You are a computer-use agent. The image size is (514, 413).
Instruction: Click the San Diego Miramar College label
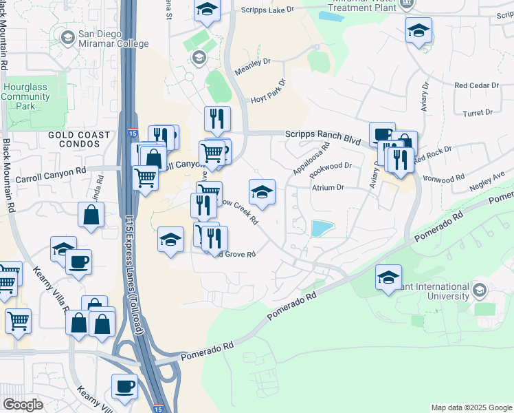click(113, 39)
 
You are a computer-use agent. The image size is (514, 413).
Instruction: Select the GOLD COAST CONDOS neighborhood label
click(79, 140)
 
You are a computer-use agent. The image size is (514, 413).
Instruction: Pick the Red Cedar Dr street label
click(476, 85)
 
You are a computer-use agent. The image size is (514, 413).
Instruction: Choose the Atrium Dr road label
click(328, 187)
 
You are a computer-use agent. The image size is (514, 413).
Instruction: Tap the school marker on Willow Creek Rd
click(262, 192)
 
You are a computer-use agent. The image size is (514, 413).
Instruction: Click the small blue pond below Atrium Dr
click(320, 229)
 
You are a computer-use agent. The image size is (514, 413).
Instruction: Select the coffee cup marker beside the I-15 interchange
click(124, 386)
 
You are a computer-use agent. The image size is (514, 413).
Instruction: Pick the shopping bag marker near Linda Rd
click(91, 215)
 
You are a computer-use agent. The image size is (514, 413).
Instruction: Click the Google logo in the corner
click(23, 405)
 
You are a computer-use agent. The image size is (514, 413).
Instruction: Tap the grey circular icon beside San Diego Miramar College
click(68, 36)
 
